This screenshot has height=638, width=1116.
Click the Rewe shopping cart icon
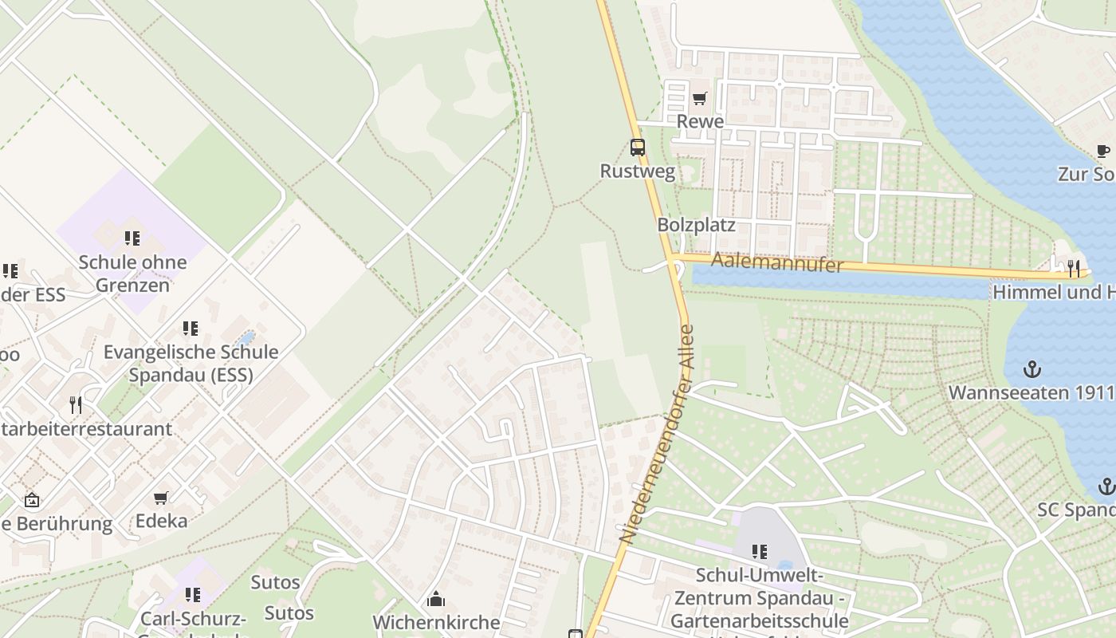699,98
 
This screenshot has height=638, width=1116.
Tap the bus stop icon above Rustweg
638,148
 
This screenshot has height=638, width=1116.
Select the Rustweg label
638,171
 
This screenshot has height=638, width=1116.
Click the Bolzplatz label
696,225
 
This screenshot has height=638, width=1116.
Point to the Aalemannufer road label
776,262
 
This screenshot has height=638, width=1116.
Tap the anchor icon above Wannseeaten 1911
1032,369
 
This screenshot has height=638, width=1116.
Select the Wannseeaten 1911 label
1030,392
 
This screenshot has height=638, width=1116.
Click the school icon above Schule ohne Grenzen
132,238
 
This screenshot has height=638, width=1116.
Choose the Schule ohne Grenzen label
132,273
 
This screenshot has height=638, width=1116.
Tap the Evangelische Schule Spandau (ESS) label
191,363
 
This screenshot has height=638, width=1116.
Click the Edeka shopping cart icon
161,498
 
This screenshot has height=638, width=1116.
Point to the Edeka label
161,521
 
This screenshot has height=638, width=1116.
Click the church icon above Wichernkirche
436,599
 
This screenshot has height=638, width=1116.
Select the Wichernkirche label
436,622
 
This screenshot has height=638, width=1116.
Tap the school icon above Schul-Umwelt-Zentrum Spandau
760,551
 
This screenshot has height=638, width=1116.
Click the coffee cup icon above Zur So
1102,151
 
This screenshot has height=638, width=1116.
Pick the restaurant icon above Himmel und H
1074,268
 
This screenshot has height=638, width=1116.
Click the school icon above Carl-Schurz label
192,594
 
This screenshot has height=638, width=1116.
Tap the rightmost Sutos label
289,612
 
